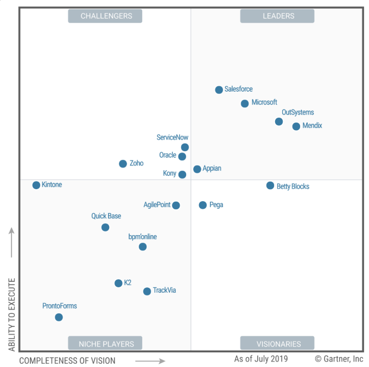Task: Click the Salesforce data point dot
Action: [x=219, y=90]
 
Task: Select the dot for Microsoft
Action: [x=245, y=104]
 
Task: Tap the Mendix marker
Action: [x=296, y=126]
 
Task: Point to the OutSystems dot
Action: [x=279, y=121]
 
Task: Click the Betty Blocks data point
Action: [x=270, y=185]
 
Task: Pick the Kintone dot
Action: [x=36, y=185]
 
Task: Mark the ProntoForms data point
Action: [x=59, y=317]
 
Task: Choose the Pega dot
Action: [x=202, y=205]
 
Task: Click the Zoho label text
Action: [x=137, y=163]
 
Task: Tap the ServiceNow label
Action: [x=173, y=138]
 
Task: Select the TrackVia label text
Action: [x=164, y=291]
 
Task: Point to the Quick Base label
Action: [x=106, y=216]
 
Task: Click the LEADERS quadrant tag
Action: [x=278, y=16]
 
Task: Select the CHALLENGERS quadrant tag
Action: [x=106, y=16]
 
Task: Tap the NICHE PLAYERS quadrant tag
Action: [x=106, y=344]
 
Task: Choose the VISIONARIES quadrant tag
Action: [x=278, y=344]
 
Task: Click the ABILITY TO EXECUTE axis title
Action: [x=11, y=314]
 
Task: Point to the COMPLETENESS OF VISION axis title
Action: [x=67, y=360]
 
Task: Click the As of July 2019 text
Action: [x=261, y=359]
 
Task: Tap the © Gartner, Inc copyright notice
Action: [x=339, y=359]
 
